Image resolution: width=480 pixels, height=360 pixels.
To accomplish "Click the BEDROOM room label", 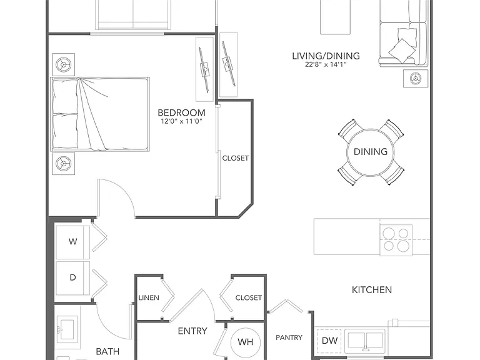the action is (181, 112).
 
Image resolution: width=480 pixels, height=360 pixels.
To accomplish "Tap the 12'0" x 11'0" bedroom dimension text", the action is (181, 121).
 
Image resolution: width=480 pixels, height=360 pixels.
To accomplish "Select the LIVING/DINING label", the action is (326, 56).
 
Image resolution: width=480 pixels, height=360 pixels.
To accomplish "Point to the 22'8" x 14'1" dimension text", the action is (326, 64).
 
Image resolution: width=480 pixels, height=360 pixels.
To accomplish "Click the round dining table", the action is (371, 152).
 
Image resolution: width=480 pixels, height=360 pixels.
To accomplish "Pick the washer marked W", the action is (73, 242).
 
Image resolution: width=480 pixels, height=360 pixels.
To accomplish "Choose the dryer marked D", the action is (73, 278).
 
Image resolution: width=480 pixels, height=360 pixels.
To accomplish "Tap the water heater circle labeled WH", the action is (246, 341).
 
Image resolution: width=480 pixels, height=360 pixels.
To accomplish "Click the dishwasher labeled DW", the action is (329, 341).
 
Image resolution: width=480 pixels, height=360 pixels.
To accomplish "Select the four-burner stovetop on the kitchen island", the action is (396, 240).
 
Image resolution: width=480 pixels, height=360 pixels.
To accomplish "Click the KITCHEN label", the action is (372, 290).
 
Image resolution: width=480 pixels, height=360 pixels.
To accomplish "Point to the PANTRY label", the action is (289, 337).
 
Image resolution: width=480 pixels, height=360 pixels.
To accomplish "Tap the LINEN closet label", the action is (149, 298).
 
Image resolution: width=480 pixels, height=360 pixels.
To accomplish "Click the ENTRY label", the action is (192, 331).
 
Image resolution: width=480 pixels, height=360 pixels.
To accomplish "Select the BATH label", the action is (107, 351).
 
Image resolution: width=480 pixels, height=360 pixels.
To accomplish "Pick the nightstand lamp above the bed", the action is (64, 64).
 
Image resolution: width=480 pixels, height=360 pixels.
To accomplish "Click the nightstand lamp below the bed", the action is (64, 164).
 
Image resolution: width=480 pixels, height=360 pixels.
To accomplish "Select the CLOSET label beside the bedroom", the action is (235, 158).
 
